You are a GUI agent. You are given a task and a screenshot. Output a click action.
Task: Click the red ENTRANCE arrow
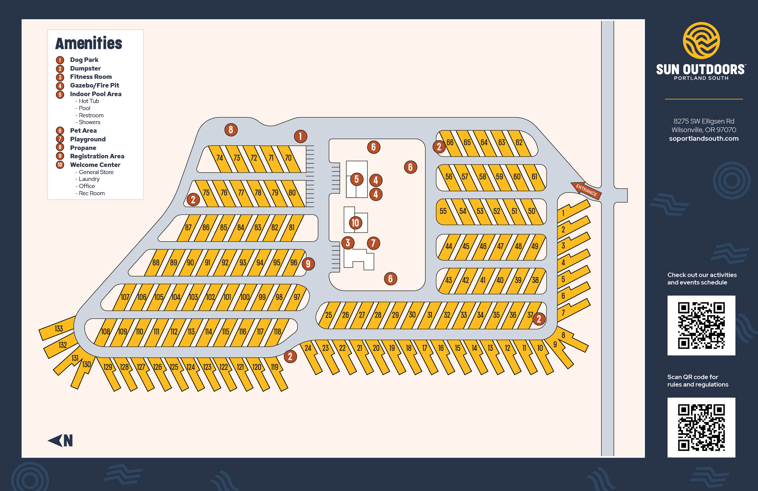pos(586,190)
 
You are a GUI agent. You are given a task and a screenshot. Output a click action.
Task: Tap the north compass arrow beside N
pos(55,441)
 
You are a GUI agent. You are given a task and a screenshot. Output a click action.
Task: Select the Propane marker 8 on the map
pos(231,130)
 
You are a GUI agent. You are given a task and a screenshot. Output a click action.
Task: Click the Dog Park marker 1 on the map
pos(300,137)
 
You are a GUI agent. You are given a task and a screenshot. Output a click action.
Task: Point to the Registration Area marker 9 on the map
pos(308,264)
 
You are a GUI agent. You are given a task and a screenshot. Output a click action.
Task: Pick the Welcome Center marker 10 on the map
pos(356,223)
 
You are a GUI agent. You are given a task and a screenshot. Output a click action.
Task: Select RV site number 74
pos(220,158)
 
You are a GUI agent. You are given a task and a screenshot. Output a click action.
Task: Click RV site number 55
pos(443,211)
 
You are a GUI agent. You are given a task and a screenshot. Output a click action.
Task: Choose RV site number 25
pos(328,315)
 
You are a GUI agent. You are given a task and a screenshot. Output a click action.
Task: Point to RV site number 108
pos(106,331)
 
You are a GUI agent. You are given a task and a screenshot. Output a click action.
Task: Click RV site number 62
pos(519,143)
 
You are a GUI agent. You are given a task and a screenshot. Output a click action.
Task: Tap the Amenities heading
pos(89,43)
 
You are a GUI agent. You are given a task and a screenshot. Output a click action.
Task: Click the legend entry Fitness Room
pos(91,77)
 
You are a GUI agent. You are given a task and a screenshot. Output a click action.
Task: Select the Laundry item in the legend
pos(89,179)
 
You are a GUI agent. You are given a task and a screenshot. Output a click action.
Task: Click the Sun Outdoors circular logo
pos(701,40)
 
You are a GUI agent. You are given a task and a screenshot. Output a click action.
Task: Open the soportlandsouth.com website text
pos(704,138)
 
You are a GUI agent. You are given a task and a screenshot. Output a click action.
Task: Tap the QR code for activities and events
pos(701,325)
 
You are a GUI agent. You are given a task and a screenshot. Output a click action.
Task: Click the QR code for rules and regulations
pos(701,427)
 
